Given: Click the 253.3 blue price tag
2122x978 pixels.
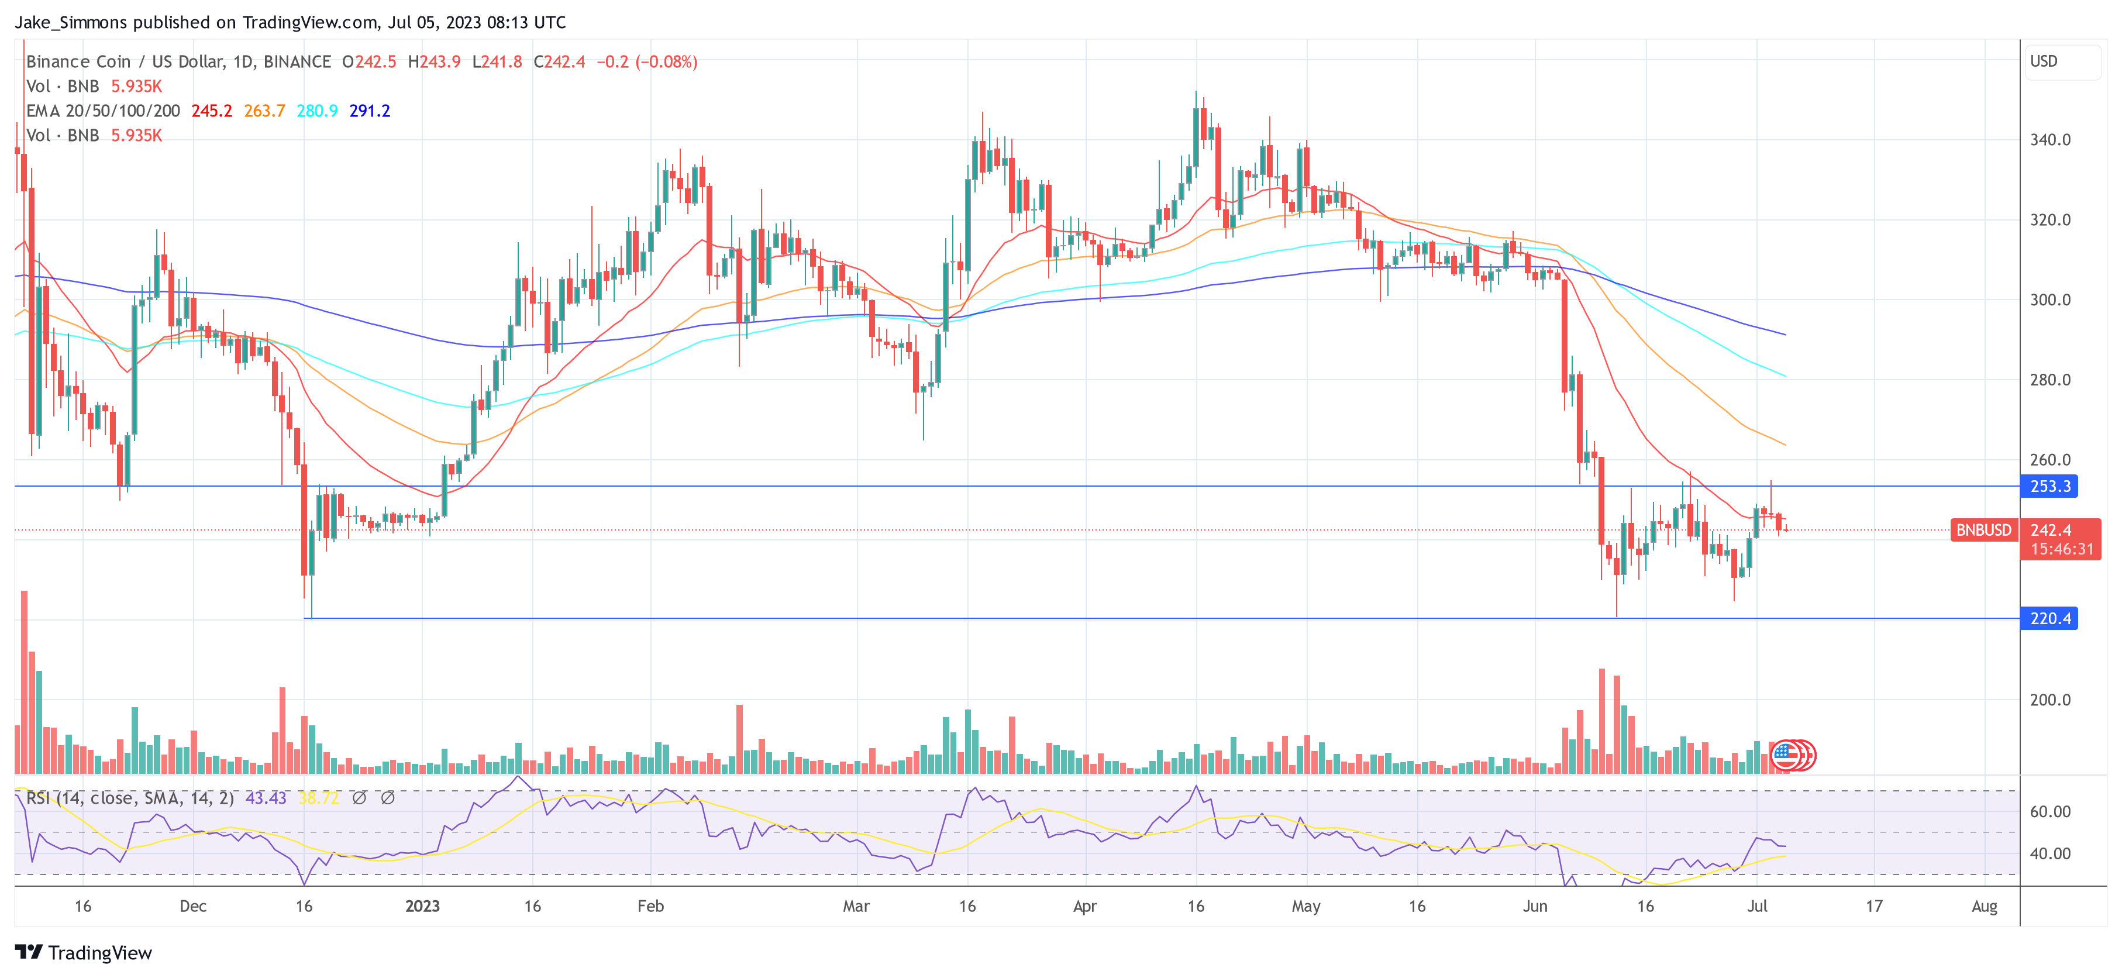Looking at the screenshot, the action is (2049, 486).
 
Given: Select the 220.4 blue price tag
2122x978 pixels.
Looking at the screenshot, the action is (2049, 618).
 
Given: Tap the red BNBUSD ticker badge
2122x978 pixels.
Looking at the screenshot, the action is (1983, 530).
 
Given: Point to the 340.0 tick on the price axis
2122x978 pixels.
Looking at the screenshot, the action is (2050, 140).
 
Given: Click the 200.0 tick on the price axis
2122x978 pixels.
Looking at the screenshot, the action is (2050, 700).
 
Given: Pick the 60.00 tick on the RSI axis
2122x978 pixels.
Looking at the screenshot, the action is (2050, 811).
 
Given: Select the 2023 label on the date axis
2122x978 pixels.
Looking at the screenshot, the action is (423, 906).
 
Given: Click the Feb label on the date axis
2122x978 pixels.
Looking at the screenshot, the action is (651, 906).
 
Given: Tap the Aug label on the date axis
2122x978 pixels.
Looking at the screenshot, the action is (1985, 906).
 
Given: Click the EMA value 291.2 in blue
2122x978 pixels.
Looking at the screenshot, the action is (370, 111).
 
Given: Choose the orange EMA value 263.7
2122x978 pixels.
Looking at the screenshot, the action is (264, 111).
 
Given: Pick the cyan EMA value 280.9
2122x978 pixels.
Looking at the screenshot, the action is (317, 111).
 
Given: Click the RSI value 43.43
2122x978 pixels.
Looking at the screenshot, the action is (266, 798).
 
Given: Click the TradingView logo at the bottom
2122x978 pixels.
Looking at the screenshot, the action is (83, 952).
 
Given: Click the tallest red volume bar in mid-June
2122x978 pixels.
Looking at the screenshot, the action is (1602, 721).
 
